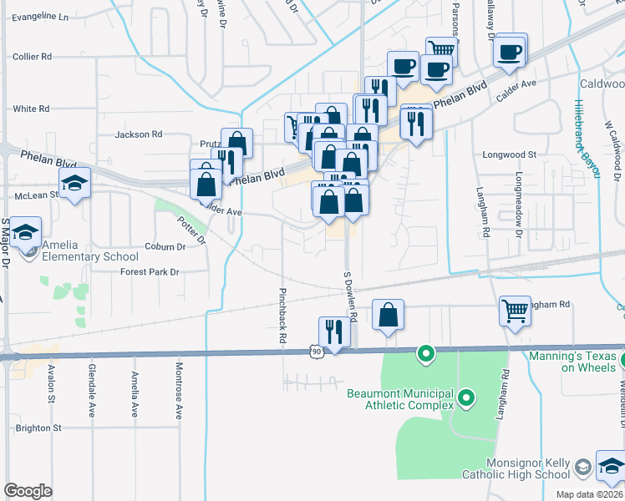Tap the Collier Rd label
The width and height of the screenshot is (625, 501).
coord(33,57)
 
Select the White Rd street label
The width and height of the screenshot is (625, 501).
coord(31,109)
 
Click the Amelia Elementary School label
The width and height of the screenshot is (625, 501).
coord(86,256)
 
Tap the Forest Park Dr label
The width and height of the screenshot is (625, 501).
coord(150,272)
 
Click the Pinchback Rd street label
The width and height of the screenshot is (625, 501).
coord(283,315)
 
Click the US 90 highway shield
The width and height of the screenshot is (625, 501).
coord(315,352)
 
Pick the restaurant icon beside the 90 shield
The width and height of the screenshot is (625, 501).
coord(333,331)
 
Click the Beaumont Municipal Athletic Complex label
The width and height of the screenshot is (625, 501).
coord(399,399)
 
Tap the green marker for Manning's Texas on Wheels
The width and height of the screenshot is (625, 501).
coord(623,362)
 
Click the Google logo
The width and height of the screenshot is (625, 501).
coord(28,490)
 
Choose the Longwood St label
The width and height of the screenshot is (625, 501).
coord(509,154)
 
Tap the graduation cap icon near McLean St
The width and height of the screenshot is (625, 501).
coord(74,184)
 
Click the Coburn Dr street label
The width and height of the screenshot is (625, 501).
coord(164,246)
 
